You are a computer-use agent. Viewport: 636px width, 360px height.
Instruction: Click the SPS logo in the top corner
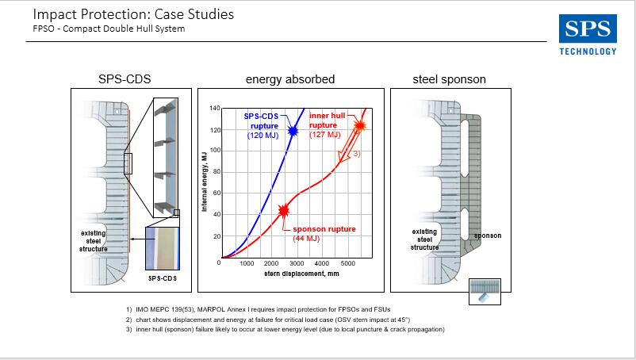588,29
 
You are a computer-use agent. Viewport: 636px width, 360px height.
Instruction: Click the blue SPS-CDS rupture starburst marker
293,131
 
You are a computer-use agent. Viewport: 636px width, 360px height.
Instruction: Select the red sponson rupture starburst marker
284,210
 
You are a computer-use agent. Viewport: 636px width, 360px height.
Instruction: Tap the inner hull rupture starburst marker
359,125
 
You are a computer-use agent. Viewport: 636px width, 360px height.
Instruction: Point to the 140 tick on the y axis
215,109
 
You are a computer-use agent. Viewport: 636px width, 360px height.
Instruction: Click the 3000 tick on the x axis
297,263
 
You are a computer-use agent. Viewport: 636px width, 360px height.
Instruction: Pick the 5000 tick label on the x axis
347,263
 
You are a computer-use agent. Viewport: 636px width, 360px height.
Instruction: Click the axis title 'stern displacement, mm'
301,274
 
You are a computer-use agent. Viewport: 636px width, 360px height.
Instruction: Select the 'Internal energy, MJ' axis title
204,182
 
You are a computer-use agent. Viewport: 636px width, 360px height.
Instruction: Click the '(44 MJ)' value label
306,239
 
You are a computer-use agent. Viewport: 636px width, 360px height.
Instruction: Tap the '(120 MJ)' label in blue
262,136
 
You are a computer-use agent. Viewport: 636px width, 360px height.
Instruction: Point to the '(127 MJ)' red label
325,135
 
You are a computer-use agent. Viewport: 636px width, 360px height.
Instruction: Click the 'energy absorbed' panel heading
290,79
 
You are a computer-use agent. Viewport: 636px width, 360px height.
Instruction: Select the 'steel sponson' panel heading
449,79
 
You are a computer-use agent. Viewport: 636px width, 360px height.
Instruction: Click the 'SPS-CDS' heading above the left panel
125,79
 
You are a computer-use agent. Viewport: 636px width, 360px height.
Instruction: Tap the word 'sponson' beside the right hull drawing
488,236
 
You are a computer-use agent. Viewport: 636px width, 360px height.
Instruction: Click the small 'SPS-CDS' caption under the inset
163,278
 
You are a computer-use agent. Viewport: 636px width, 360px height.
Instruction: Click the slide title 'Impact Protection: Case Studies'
133,14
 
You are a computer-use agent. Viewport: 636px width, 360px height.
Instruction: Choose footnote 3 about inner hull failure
285,329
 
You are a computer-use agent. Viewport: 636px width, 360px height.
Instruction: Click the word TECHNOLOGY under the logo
588,52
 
